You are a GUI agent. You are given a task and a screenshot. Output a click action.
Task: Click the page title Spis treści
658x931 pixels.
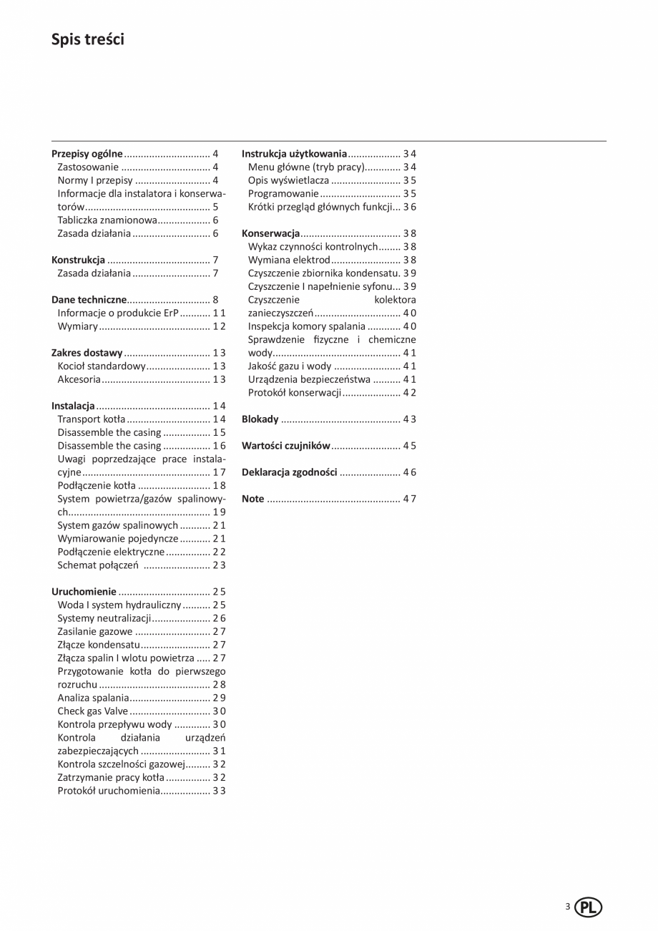[x=88, y=39]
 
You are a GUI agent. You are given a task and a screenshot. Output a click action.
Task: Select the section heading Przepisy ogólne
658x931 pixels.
[x=87, y=154]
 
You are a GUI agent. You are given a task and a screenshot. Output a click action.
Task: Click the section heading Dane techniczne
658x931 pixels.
[x=89, y=300]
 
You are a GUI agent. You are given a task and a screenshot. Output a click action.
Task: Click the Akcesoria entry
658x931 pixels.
[x=79, y=379]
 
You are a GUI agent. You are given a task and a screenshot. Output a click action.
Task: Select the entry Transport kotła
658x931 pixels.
[x=92, y=419]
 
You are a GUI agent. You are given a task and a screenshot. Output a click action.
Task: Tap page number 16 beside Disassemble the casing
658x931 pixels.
[x=219, y=446]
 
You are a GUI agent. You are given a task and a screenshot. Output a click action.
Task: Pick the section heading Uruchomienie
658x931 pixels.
[x=84, y=592]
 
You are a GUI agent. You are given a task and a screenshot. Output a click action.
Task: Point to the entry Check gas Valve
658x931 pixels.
[x=93, y=711]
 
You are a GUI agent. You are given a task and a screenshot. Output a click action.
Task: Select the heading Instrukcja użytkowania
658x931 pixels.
[x=295, y=154]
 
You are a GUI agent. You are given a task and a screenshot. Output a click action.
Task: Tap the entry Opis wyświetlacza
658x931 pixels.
[x=288, y=180]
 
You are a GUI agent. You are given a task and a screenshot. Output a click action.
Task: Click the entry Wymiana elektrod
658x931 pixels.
[x=289, y=260]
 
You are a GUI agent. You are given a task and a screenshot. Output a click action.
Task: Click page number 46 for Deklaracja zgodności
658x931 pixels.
[x=409, y=472]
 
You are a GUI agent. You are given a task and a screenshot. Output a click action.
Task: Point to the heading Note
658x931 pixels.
[x=253, y=499]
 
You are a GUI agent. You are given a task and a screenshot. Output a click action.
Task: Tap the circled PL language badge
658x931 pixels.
[x=588, y=908]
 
